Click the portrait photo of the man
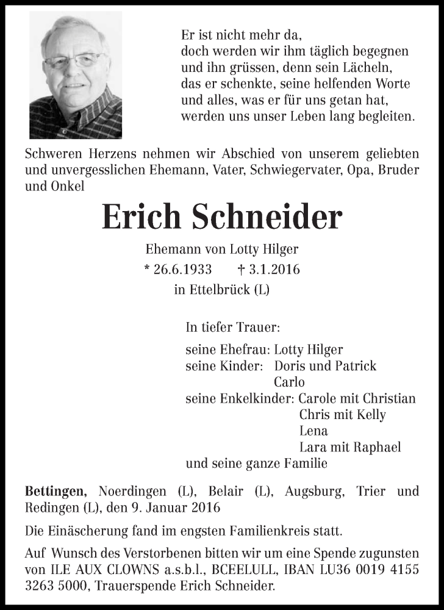pyautogui.click(x=76, y=75)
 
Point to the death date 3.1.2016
pyautogui.click(x=275, y=270)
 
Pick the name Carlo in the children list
pyautogui.click(x=289, y=382)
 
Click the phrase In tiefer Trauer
pyautogui.click(x=232, y=328)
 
